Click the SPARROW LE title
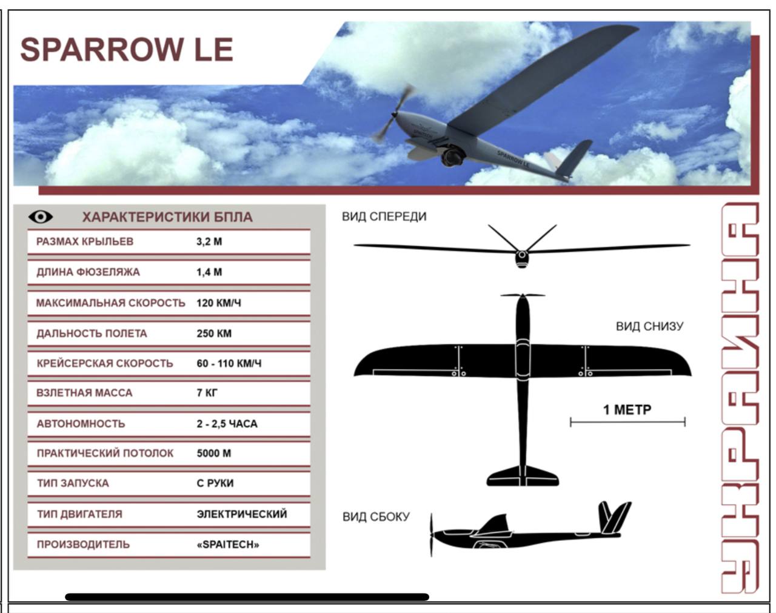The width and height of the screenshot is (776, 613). (x=127, y=49)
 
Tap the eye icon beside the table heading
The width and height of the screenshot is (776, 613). (x=41, y=216)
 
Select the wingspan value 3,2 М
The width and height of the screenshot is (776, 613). (x=209, y=241)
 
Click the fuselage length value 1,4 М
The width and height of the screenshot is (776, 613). (x=209, y=272)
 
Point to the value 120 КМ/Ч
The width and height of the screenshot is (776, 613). (x=218, y=303)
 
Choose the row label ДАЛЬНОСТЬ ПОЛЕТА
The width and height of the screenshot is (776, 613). (x=92, y=333)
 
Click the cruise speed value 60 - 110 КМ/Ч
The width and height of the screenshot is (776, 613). (x=229, y=363)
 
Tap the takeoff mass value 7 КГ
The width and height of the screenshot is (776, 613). (x=207, y=393)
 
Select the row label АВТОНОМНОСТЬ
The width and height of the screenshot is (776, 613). (x=81, y=423)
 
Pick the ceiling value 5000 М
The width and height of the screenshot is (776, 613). (x=214, y=454)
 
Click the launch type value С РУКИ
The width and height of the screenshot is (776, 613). (x=215, y=483)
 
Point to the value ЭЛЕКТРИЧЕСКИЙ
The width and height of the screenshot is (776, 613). (x=242, y=514)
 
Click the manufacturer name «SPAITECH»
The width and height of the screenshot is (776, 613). (x=228, y=544)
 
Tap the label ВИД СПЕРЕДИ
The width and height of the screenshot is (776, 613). (x=384, y=216)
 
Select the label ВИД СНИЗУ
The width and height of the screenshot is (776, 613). (x=649, y=326)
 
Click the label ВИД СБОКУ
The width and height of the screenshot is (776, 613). (x=376, y=517)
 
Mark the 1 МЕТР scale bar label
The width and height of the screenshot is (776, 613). (x=627, y=410)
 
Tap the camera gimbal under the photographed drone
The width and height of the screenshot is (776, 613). (x=452, y=155)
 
